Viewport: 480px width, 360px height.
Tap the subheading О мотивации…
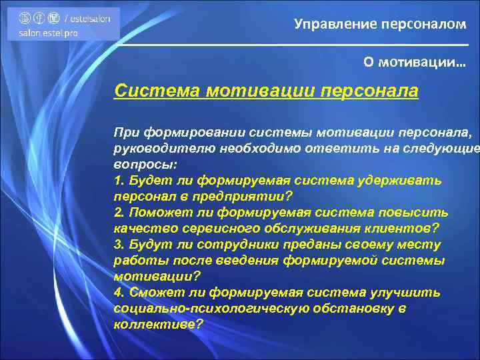point(415,62)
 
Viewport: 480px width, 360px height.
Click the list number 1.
point(118,181)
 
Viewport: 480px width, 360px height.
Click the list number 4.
point(118,293)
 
